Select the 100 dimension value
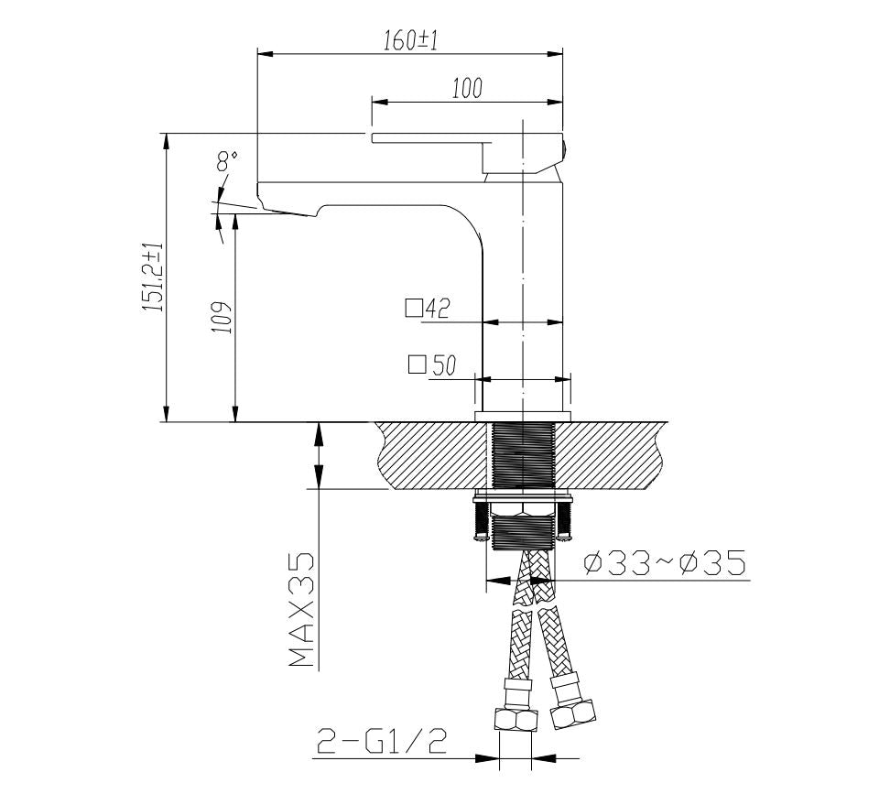pyautogui.click(x=467, y=89)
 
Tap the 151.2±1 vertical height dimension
pyautogui.click(x=153, y=277)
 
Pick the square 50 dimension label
pyautogui.click(x=432, y=366)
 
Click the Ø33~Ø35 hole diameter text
pyautogui.click(x=664, y=563)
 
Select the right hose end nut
pyautogui.click(x=574, y=710)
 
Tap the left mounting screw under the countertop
pyautogui.click(x=480, y=522)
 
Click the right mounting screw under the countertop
pyautogui.click(x=565, y=522)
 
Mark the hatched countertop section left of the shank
pyautogui.click(x=426, y=455)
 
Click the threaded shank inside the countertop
pyautogui.click(x=522, y=455)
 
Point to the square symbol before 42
pyautogui.click(x=413, y=309)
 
